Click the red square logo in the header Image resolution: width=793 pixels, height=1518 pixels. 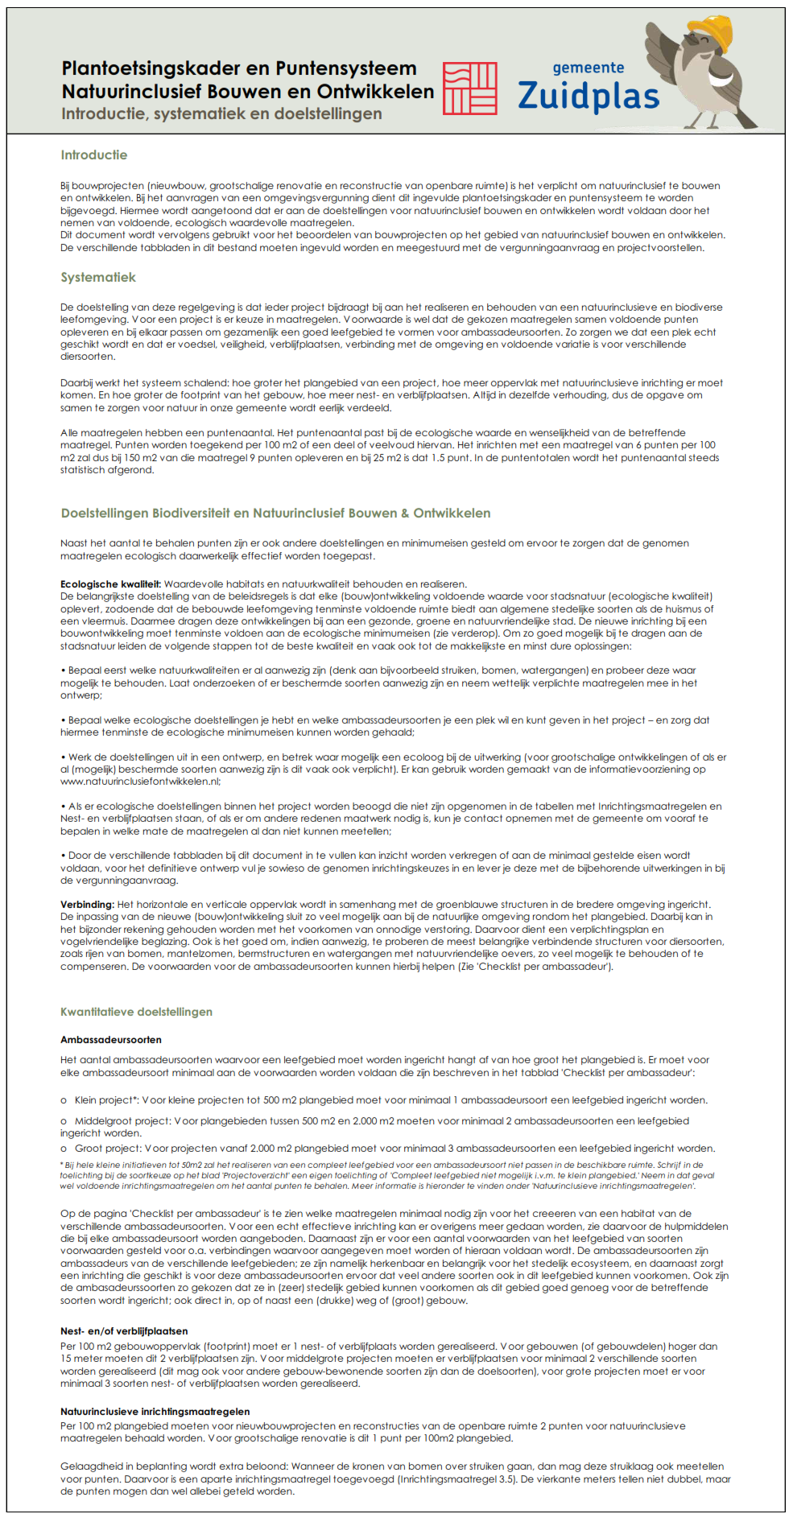pyautogui.click(x=470, y=89)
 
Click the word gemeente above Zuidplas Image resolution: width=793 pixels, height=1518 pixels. pyautogui.click(x=588, y=68)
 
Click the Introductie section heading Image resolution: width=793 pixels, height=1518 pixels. pyautogui.click(x=93, y=155)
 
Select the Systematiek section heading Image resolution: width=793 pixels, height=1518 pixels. pyautogui.click(x=98, y=278)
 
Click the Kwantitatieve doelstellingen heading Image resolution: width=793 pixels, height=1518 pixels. pyautogui.click(x=136, y=1012)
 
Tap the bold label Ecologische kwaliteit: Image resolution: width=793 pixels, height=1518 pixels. pyautogui.click(x=110, y=584)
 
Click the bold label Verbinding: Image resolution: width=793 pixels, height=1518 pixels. pyautogui.click(x=87, y=904)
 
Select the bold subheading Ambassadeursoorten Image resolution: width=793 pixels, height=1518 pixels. pyautogui.click(x=111, y=1040)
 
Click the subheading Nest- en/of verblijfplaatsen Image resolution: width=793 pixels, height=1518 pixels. pyautogui.click(x=124, y=1331)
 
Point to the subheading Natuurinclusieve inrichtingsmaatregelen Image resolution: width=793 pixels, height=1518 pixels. pyautogui.click(x=155, y=1412)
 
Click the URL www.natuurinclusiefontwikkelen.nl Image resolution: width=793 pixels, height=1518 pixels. pyautogui.click(x=140, y=782)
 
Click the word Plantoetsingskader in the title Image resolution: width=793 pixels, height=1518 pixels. pyautogui.click(x=151, y=69)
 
